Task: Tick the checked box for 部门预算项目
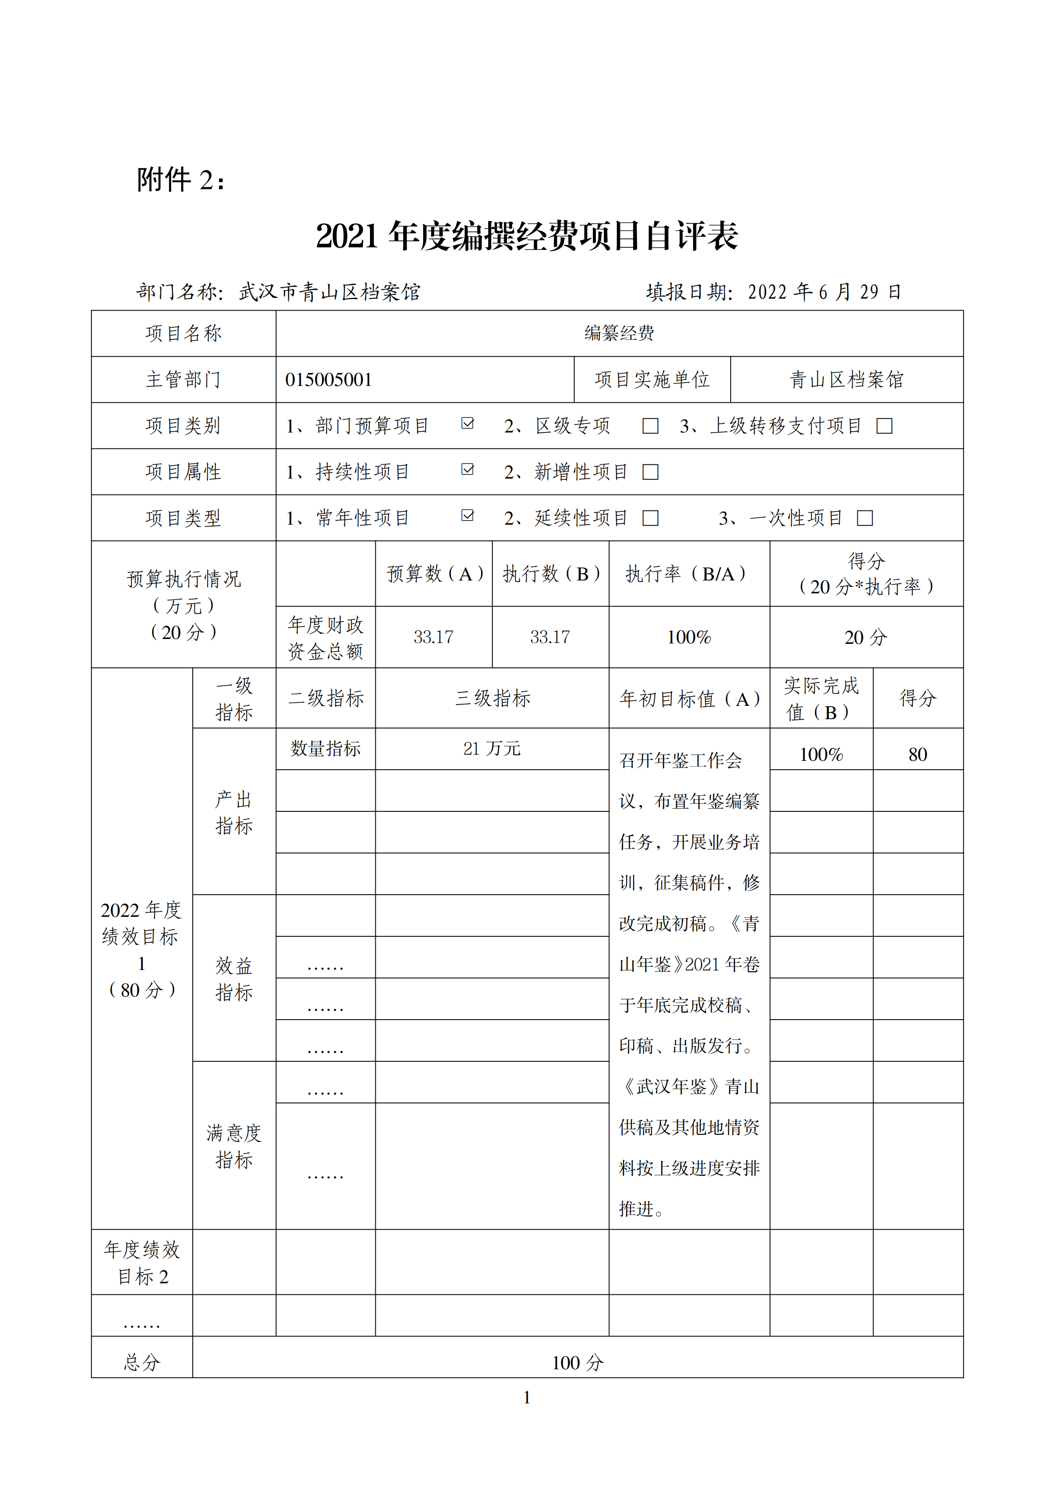[x=467, y=424]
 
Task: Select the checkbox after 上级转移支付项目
[x=884, y=426]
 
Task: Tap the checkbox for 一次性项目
[x=864, y=518]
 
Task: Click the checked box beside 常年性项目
[x=467, y=516]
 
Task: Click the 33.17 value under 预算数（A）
[x=433, y=637]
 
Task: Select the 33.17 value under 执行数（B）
[x=549, y=637]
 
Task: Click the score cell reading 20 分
[x=865, y=637]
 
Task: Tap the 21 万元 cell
[x=492, y=748]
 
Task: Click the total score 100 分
[x=577, y=1363]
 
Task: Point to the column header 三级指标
[x=492, y=698]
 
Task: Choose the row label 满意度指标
[x=234, y=1146]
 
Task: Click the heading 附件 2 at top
[x=181, y=180]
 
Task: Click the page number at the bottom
[x=527, y=1397]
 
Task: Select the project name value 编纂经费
[x=619, y=333]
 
